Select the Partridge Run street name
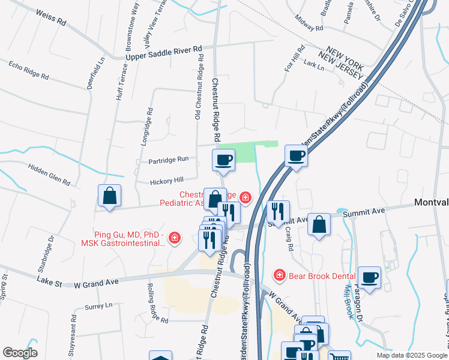point(168,160)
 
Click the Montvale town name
point(431,203)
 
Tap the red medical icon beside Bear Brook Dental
point(279,275)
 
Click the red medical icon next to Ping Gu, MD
point(174,238)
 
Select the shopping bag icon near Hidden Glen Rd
point(110,195)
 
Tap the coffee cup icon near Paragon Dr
point(370,277)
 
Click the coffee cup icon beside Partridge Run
point(223,160)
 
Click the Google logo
point(20,353)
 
